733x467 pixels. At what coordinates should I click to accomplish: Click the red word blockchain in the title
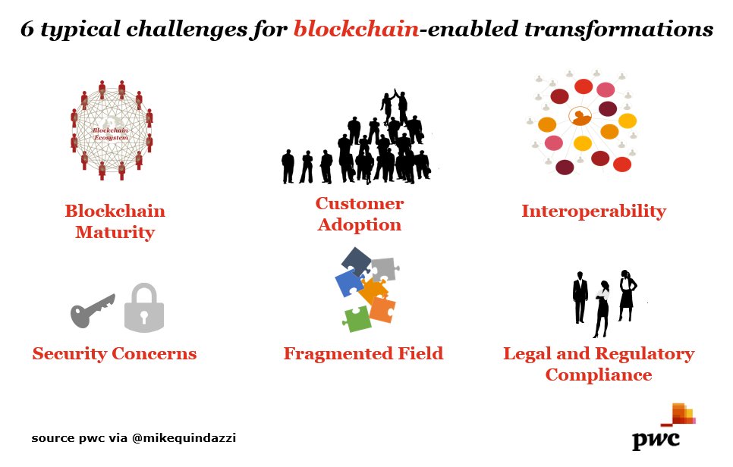coord(355,29)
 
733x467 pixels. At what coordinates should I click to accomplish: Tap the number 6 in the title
coord(27,29)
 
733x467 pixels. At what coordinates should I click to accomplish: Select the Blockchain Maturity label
coord(115,221)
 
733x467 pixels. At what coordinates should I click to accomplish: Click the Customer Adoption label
coord(360,214)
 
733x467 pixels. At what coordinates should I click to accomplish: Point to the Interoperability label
coord(593,211)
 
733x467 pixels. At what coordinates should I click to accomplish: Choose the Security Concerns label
coord(115,353)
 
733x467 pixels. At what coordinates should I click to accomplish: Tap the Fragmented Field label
coord(363,353)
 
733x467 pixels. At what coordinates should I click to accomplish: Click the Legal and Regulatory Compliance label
coord(599,364)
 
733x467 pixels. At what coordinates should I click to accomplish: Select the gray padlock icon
coord(144,308)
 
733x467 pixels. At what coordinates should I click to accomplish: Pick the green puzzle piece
coord(357,318)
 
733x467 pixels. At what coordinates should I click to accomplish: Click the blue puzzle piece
coord(349,283)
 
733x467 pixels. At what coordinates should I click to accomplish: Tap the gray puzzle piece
coord(382,268)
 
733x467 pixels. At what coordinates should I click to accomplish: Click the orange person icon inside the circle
coord(580,118)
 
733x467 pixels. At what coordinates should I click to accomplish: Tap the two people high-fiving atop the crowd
coord(394,105)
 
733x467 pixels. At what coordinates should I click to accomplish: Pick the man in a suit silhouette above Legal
coord(580,297)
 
